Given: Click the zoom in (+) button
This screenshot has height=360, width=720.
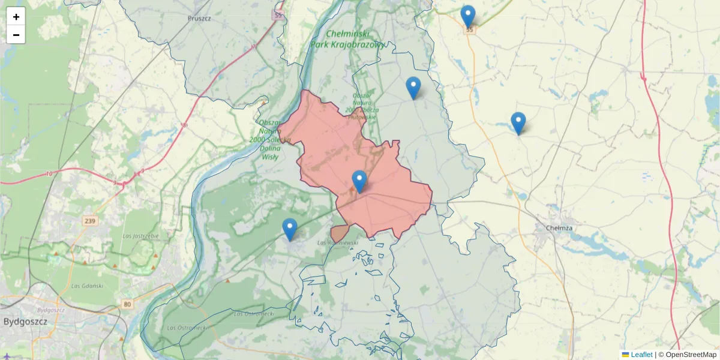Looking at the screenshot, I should [x=16, y=17].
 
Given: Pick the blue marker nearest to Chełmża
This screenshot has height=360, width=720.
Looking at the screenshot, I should [x=518, y=123].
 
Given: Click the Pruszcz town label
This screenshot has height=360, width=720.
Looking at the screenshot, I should [x=199, y=19].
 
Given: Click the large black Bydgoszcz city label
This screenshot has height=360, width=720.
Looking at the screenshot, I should [x=25, y=321].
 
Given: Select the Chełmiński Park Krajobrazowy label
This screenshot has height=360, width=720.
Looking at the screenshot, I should [x=348, y=39].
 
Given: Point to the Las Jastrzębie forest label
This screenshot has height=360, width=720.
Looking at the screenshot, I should [x=140, y=236].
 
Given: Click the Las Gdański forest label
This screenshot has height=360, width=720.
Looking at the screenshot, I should [x=87, y=286].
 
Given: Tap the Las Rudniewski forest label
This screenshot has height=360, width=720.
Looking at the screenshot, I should [x=337, y=242].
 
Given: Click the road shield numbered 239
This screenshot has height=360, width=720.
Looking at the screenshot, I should [x=90, y=221].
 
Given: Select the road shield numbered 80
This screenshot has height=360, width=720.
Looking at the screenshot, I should [x=127, y=304].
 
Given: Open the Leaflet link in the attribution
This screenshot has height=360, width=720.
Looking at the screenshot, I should [x=641, y=355].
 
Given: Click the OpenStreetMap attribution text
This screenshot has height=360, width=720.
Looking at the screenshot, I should [x=687, y=355].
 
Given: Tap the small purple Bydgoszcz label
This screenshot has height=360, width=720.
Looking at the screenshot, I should [x=51, y=310].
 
